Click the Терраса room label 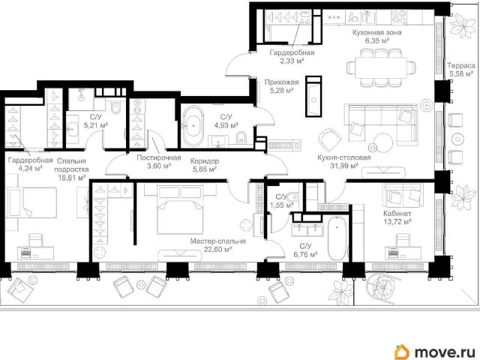461,65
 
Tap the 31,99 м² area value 344,166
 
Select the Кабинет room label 397,213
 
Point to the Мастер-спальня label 217,241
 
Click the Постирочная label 158,157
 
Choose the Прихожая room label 281,82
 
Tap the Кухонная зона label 376,32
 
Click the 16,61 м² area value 72,178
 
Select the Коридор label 205,161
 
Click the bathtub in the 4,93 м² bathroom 193,126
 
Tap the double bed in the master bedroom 180,210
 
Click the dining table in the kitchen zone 381,67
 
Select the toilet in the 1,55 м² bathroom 292,196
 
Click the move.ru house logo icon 402,352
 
